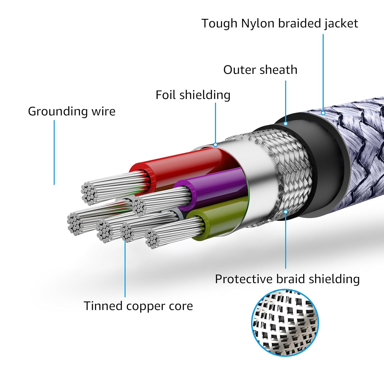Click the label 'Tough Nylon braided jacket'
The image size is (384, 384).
(280, 24)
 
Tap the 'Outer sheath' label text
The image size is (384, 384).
(260, 70)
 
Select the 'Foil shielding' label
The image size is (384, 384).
(193, 95)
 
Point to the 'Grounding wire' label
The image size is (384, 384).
(71, 111)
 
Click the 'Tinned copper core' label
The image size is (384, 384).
(138, 306)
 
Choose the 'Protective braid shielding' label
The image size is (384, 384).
(287, 279)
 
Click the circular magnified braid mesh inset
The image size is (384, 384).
(285, 323)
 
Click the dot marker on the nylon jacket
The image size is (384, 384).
(323, 113)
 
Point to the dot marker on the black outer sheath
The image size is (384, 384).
(286, 124)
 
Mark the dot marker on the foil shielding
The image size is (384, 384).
(215, 145)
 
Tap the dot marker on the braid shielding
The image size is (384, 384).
(286, 211)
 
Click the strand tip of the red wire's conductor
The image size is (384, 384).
(90, 193)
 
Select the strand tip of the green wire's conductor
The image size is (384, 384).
(153, 239)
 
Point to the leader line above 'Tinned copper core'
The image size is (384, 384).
(125, 269)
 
